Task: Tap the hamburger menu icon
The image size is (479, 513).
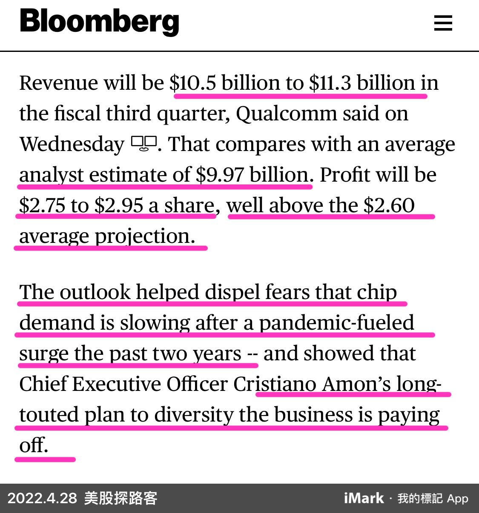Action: (x=443, y=23)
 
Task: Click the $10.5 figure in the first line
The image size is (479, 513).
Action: (x=193, y=83)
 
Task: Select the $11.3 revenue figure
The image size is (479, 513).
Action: (x=330, y=83)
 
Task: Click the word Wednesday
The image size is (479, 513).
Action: (x=72, y=144)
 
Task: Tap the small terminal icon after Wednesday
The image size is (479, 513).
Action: (x=144, y=143)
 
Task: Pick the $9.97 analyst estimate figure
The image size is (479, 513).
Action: (x=220, y=175)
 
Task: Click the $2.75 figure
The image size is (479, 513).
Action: (x=42, y=205)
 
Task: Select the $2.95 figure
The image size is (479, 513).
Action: (x=119, y=205)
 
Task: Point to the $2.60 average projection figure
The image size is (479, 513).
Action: (x=389, y=205)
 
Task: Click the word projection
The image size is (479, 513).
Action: (x=145, y=236)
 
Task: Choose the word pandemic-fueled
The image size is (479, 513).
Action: (x=336, y=323)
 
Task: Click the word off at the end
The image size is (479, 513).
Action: (x=33, y=445)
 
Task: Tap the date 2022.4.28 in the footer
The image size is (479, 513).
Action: (x=42, y=498)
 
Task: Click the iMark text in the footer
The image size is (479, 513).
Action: (x=364, y=498)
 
